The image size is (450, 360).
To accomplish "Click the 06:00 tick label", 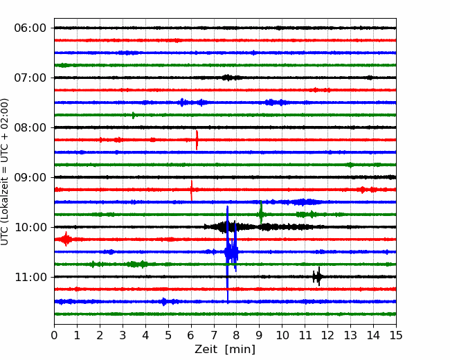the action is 30,28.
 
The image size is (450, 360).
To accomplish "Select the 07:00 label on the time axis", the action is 30,78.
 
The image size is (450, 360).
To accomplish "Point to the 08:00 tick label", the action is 30,127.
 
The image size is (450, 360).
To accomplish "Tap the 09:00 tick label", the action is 30,177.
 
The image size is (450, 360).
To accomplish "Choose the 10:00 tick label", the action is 30,227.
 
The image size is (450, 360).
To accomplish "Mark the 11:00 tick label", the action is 30,277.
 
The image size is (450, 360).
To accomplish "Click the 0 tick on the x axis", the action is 54,335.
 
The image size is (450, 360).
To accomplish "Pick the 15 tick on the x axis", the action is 396,335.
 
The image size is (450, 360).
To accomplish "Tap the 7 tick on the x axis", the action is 214,335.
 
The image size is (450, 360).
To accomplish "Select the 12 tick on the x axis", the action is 327,335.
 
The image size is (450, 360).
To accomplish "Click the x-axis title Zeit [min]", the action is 225,350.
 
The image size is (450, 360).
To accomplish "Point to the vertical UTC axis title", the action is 4,172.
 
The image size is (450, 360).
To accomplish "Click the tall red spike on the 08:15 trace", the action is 197,140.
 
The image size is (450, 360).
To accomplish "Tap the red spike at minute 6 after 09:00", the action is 191,190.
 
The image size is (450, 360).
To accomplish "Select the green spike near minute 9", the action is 261,213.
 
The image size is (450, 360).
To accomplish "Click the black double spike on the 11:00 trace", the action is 317,277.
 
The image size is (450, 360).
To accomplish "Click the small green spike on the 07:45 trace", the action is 133,115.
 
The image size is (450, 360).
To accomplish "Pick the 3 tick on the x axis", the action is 123,335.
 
